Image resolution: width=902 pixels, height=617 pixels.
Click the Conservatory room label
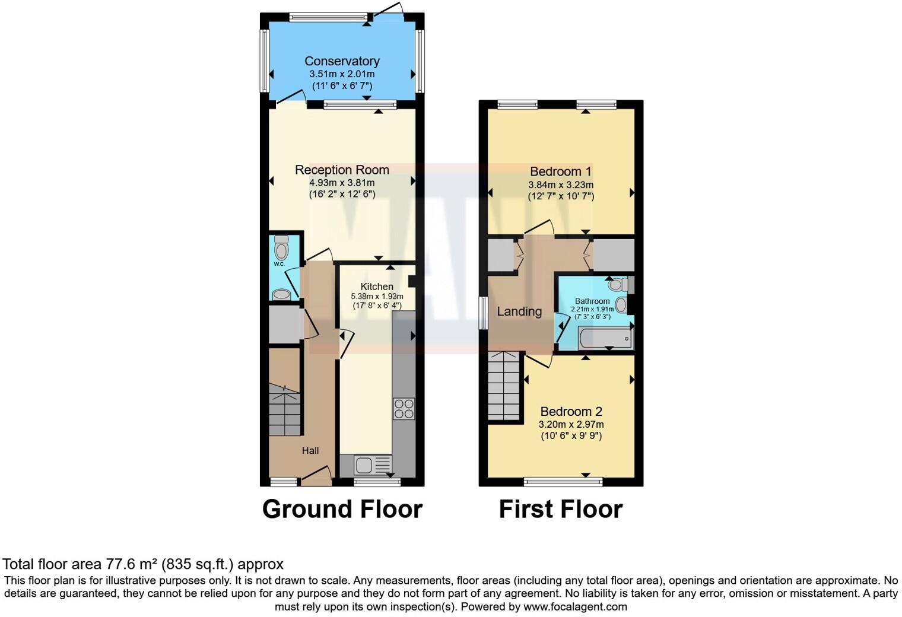pyautogui.click(x=342, y=61)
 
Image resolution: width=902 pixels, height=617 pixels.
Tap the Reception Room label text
pyautogui.click(x=342, y=170)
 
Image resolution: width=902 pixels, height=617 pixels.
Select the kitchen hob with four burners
pyautogui.click(x=404, y=408)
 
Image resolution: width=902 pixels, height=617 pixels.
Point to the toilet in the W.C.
pyautogui.click(x=281, y=247)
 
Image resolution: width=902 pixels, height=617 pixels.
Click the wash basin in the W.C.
pyautogui.click(x=281, y=294)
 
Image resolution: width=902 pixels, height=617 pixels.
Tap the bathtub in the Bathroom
pyautogui.click(x=596, y=339)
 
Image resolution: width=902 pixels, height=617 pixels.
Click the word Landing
pyautogui.click(x=519, y=311)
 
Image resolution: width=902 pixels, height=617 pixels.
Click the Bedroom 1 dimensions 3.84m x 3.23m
pyautogui.click(x=561, y=185)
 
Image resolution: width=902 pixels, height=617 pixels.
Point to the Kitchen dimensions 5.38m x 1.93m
pyautogui.click(x=377, y=297)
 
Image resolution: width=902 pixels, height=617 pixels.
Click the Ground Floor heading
pyautogui.click(x=342, y=510)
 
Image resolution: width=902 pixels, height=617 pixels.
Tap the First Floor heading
pyautogui.click(x=560, y=510)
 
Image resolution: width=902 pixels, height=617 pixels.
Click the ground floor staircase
pyautogui.click(x=284, y=409)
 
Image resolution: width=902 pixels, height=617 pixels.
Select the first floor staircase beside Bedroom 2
pyautogui.click(x=504, y=386)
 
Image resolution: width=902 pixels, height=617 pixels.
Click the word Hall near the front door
pyautogui.click(x=310, y=451)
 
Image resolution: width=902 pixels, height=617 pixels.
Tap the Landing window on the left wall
pyautogui.click(x=484, y=312)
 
